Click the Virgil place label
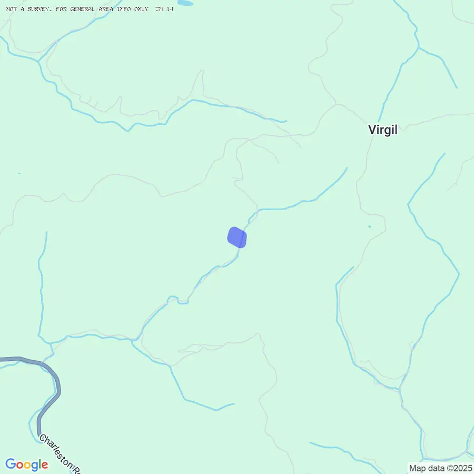[x=382, y=130]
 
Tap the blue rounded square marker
[x=237, y=237]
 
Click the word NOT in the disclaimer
[x=11, y=9]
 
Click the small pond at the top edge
[x=185, y=3]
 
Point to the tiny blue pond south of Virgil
[x=369, y=226]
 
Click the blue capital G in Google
[x=11, y=465]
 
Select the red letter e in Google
[x=45, y=466]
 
